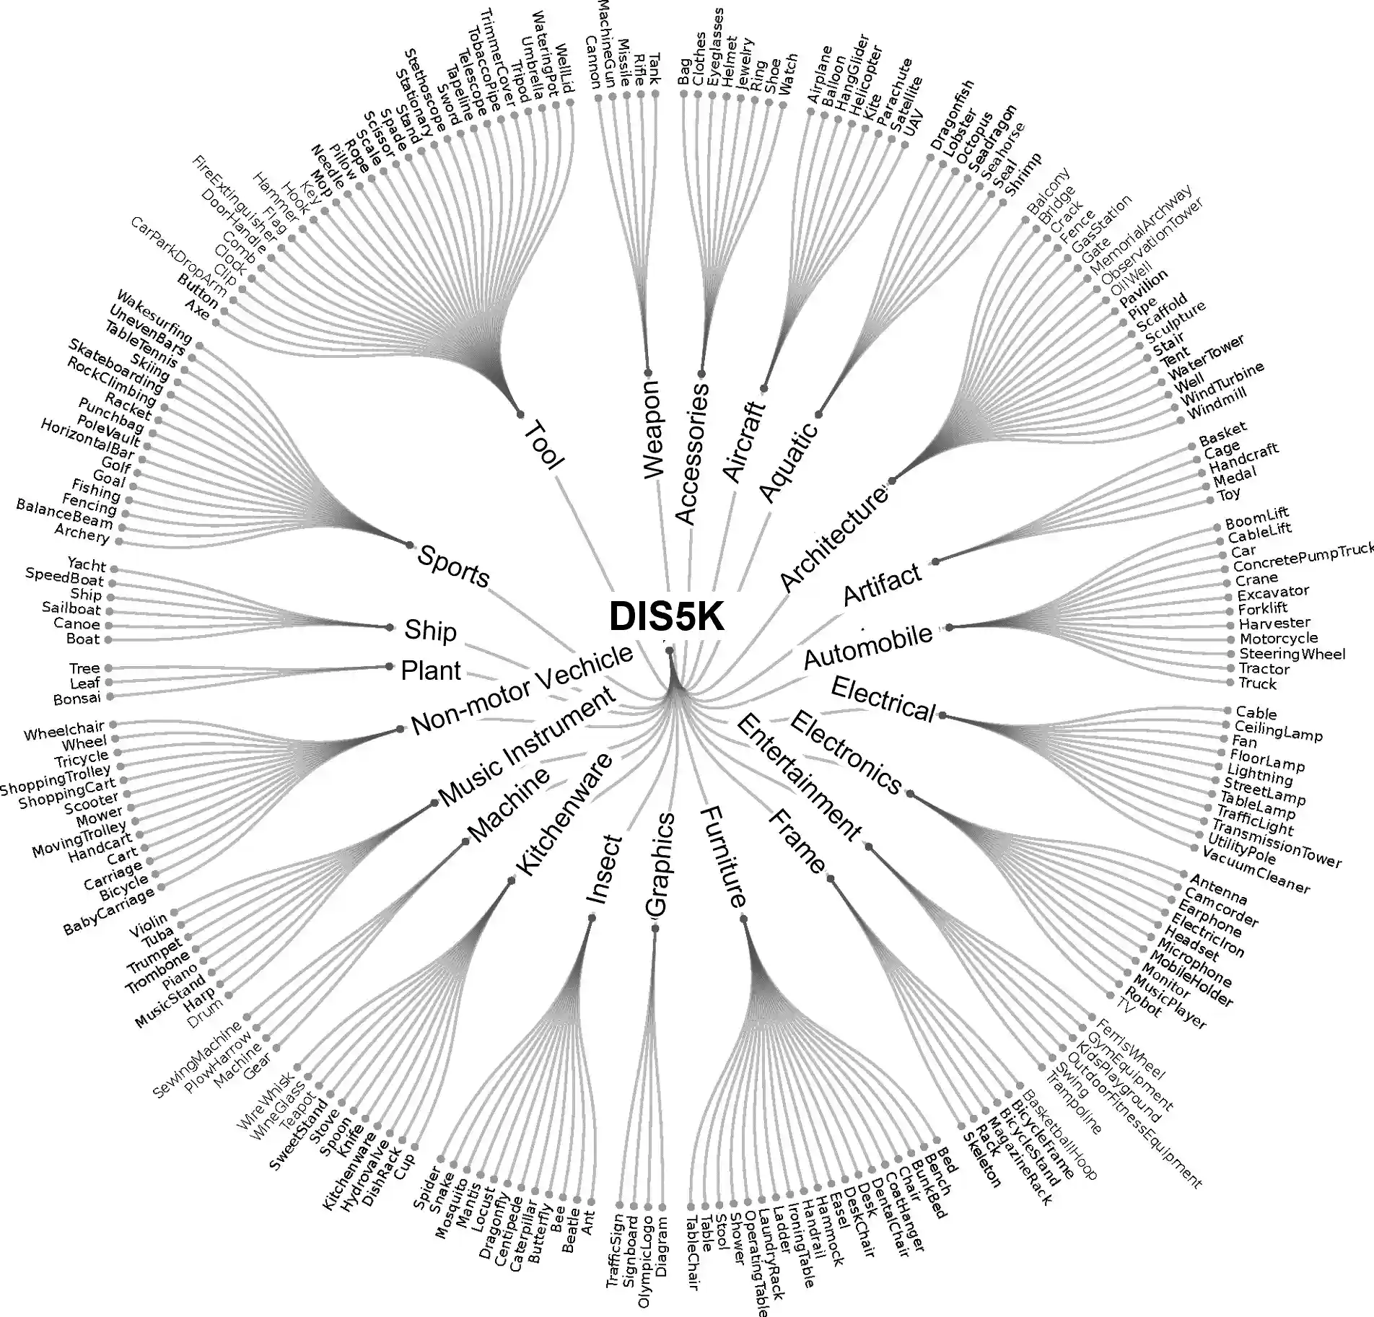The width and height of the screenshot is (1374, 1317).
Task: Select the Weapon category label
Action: (x=652, y=429)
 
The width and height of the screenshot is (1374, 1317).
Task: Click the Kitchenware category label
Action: (x=564, y=813)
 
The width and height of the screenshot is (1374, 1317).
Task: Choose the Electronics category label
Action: (x=846, y=753)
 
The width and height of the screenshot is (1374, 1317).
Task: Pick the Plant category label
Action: (x=431, y=670)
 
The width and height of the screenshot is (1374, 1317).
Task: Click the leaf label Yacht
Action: (x=87, y=565)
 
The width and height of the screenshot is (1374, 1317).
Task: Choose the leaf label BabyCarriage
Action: (x=109, y=911)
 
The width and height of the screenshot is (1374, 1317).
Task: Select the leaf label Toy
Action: (x=1229, y=494)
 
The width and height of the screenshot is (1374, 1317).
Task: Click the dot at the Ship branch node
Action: (x=390, y=627)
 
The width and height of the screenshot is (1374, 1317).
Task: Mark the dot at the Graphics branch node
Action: (x=655, y=928)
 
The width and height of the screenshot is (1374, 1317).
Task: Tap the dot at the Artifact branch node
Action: (x=935, y=561)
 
